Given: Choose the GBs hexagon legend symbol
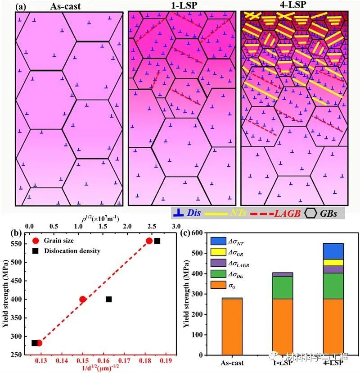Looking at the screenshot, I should (312, 212).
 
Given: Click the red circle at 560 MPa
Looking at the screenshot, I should (149, 241).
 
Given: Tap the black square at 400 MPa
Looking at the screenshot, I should (108, 299).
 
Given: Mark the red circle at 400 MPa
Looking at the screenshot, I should (82, 299).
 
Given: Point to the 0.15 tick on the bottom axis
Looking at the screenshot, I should (82, 360).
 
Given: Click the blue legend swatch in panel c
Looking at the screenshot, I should (218, 241).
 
